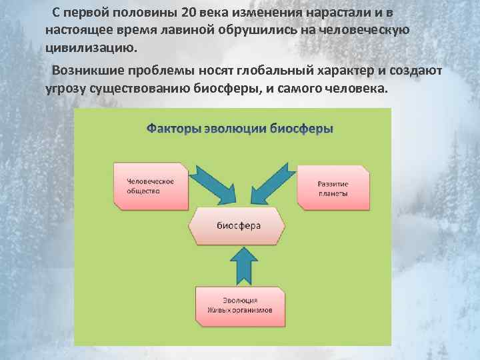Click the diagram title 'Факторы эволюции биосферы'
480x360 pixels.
(x=239, y=128)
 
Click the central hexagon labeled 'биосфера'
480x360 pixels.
(x=239, y=225)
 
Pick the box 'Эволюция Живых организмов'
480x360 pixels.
(x=239, y=305)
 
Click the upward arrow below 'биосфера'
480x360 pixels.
(x=241, y=265)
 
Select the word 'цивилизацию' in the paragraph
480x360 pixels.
(x=89, y=48)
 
